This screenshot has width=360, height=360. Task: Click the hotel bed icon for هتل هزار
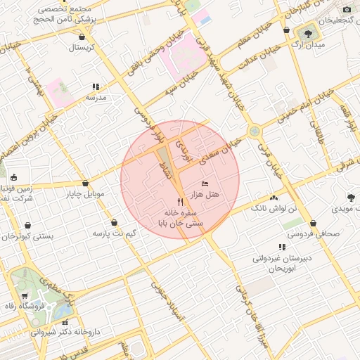[x=205, y=184]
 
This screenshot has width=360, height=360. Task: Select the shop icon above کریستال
[x=83, y=37]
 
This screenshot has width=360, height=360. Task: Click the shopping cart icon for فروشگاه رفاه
[x=25, y=295]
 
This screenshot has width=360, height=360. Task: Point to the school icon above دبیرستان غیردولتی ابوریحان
[x=281, y=247]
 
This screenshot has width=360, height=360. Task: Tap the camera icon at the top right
[x=347, y=9]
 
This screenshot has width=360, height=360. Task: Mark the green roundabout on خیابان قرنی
[x=254, y=131]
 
